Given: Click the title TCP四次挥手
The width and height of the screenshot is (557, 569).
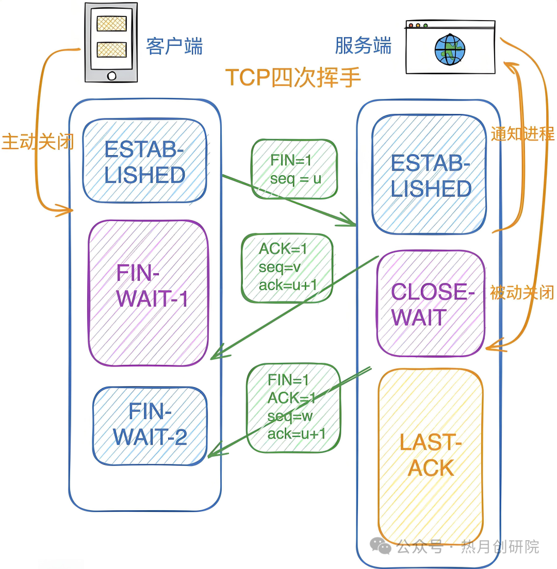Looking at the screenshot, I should [293, 78].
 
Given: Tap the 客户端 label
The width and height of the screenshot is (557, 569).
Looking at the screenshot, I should [174, 46].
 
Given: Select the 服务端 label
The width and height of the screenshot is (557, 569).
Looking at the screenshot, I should [363, 46].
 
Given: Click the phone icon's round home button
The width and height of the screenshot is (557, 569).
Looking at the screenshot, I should [111, 76].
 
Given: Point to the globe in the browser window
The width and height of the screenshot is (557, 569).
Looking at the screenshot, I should [450, 50].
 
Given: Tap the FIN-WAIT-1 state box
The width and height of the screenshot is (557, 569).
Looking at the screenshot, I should [148, 293].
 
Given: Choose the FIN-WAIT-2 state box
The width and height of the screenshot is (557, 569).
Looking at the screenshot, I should [150, 425].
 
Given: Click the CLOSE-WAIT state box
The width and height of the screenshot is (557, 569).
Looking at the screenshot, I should [431, 304].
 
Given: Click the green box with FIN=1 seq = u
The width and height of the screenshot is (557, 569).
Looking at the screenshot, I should [294, 169].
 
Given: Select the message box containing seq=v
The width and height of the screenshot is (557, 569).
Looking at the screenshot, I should [286, 267].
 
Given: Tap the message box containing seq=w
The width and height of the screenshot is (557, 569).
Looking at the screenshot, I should [293, 408].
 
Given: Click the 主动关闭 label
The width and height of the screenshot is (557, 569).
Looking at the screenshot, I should [37, 142].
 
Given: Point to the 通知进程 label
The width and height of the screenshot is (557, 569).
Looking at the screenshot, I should [522, 134].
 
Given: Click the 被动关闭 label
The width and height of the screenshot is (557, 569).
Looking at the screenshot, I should [522, 292].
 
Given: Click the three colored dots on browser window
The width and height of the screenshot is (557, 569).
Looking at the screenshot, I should [418, 25].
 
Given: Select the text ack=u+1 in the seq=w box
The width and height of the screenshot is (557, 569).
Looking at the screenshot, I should [296, 434].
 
